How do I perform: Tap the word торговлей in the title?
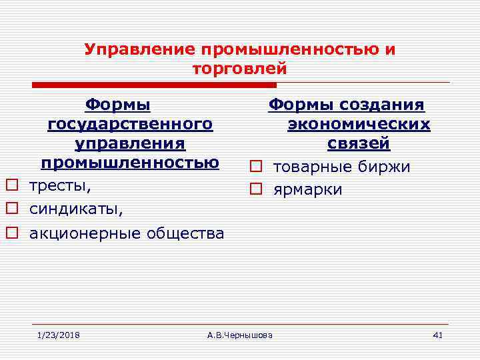(239, 68)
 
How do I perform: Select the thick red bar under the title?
(155, 85)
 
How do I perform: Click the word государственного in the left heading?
(130, 125)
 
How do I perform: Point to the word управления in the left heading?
(130, 144)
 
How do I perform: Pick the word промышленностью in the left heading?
(130, 163)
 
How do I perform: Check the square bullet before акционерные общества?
(11, 233)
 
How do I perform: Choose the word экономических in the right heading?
(359, 125)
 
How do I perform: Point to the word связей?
(359, 144)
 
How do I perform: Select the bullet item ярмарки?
(307, 190)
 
